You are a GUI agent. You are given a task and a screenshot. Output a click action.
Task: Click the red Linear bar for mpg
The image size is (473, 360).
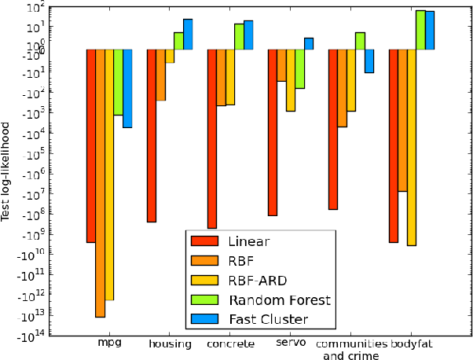[91, 145]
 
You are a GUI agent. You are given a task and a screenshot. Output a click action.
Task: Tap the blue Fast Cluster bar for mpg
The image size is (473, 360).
[127, 88]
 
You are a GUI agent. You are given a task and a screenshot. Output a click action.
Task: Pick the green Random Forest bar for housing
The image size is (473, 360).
[178, 41]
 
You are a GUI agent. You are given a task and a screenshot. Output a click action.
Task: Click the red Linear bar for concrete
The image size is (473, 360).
[212, 138]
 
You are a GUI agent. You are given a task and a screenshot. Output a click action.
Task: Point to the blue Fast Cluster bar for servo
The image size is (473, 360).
[309, 43]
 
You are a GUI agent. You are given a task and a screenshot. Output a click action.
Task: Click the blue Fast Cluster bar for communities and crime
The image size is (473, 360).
[369, 61]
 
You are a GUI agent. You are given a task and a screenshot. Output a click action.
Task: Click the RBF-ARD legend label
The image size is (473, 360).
[258, 280]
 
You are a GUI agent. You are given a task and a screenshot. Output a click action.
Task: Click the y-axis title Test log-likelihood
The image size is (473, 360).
[7, 171]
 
